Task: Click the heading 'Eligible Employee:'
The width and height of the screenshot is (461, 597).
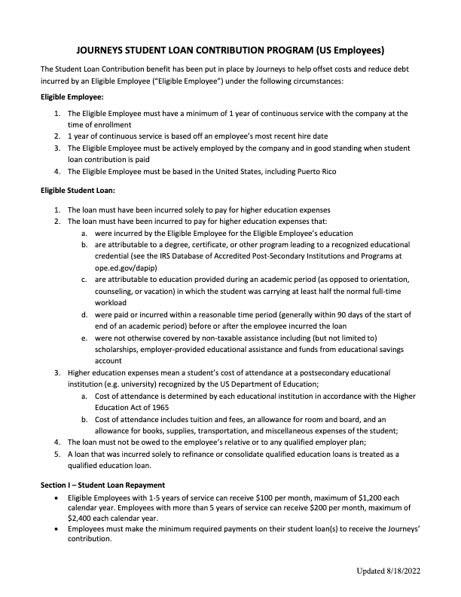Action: [72, 97]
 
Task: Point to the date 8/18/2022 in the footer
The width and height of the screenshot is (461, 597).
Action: [406, 573]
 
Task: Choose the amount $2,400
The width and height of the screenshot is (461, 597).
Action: [82, 519]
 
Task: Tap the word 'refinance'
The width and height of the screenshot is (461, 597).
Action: [194, 455]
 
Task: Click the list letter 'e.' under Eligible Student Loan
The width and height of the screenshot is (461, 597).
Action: [84, 338]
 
